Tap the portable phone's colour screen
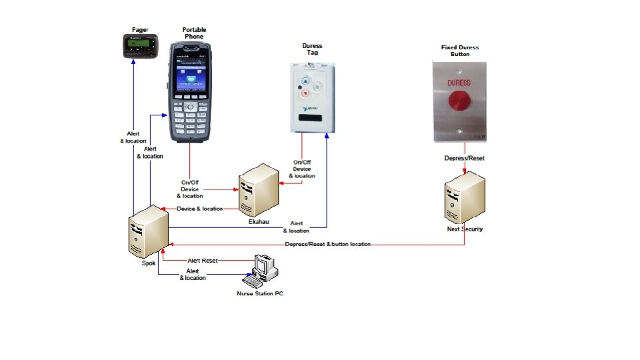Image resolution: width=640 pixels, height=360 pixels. point(191,78)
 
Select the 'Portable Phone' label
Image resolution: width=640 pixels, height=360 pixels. point(194,33)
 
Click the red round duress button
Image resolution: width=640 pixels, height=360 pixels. point(459,102)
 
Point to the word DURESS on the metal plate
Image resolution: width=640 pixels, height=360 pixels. point(459,83)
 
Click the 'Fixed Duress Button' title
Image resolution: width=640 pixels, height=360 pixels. point(460,51)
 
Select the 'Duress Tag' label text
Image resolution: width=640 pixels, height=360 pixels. point(312,49)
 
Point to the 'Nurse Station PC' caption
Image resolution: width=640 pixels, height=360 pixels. point(260,294)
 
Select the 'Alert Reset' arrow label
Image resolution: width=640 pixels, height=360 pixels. point(203,260)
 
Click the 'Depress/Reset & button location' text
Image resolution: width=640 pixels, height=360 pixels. point(327,245)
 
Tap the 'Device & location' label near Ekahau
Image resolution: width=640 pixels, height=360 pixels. point(200,209)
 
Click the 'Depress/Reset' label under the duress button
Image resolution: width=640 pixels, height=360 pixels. point(465,158)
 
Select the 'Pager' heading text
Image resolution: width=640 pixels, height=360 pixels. point(140,30)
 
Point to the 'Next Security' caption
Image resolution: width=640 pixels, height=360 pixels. point(465,229)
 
